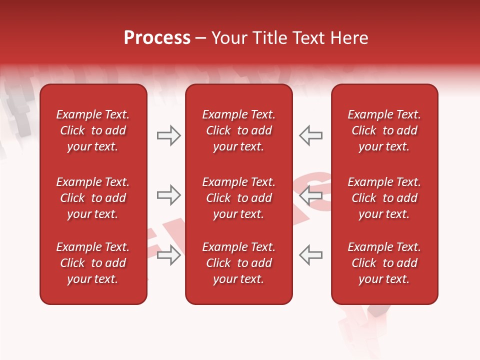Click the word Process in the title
tap(157, 38)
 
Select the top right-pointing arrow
tap(168, 135)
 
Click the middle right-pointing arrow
tap(168, 195)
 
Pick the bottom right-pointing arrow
tap(168, 255)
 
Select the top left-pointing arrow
tap(310, 135)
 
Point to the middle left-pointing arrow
tap(310, 195)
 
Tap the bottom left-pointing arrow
tap(310, 255)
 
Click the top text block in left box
tap(93, 130)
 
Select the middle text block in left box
tap(93, 198)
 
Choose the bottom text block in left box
tap(93, 263)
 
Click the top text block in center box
tap(239, 130)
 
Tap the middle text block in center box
tap(239, 198)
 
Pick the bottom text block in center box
tap(239, 263)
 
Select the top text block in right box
tap(384, 130)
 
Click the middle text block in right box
tap(384, 198)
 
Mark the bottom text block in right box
tap(384, 263)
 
